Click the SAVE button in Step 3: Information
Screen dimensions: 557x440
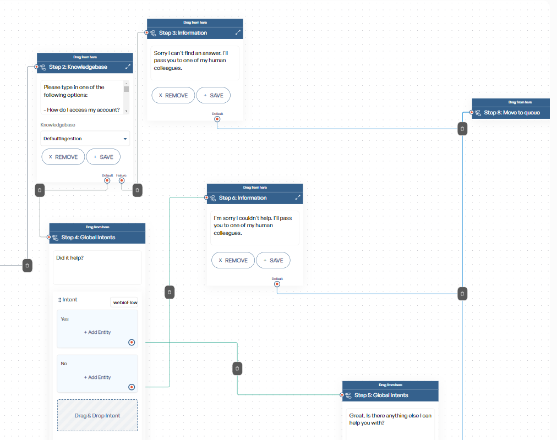(x=213, y=96)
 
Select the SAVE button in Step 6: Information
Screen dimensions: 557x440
(x=273, y=261)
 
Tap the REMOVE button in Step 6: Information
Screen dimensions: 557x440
(x=233, y=261)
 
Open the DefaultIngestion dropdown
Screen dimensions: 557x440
(x=85, y=139)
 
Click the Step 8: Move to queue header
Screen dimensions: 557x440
(x=511, y=113)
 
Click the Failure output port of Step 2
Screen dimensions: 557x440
(x=122, y=180)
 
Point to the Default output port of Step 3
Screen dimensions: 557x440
(x=217, y=119)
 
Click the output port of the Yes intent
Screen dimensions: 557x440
(x=132, y=343)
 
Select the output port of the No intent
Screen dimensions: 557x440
(x=132, y=387)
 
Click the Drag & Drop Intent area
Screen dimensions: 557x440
(x=97, y=415)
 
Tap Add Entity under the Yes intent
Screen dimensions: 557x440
(x=97, y=332)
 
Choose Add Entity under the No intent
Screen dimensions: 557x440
(x=97, y=377)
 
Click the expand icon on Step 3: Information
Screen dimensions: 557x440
(x=238, y=32)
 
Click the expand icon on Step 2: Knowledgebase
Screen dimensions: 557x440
(x=128, y=67)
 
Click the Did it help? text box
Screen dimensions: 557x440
(x=97, y=267)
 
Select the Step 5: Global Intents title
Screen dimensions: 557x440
(x=381, y=395)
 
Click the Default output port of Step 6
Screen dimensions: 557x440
(x=277, y=284)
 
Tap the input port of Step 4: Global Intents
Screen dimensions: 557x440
(x=49, y=237)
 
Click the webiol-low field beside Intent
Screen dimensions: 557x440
(x=124, y=302)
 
